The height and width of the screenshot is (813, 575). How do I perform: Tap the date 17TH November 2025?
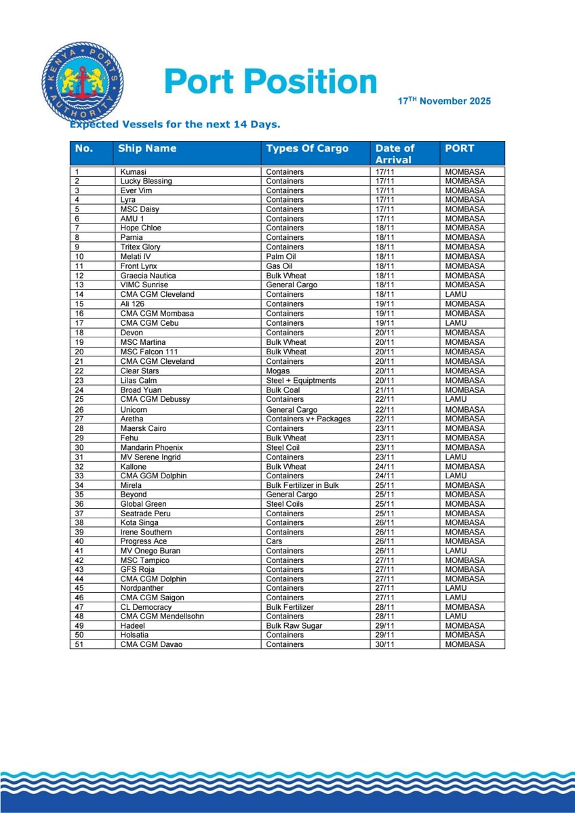[x=444, y=102]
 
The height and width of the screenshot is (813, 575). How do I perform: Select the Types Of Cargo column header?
[x=307, y=148]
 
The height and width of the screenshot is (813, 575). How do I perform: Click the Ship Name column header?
[x=146, y=148]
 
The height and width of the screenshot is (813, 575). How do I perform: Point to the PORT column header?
[x=459, y=148]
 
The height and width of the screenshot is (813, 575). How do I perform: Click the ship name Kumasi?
[x=133, y=172]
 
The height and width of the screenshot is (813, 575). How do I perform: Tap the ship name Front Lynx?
[x=139, y=266]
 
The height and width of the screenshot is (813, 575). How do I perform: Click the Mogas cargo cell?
[x=277, y=371]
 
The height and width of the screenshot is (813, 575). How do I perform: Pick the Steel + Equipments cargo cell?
[x=301, y=381]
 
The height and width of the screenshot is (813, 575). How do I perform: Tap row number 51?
[x=78, y=645]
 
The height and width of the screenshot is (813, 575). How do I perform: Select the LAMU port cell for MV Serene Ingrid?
[x=455, y=457]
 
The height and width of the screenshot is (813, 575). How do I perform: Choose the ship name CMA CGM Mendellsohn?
[x=162, y=617]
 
